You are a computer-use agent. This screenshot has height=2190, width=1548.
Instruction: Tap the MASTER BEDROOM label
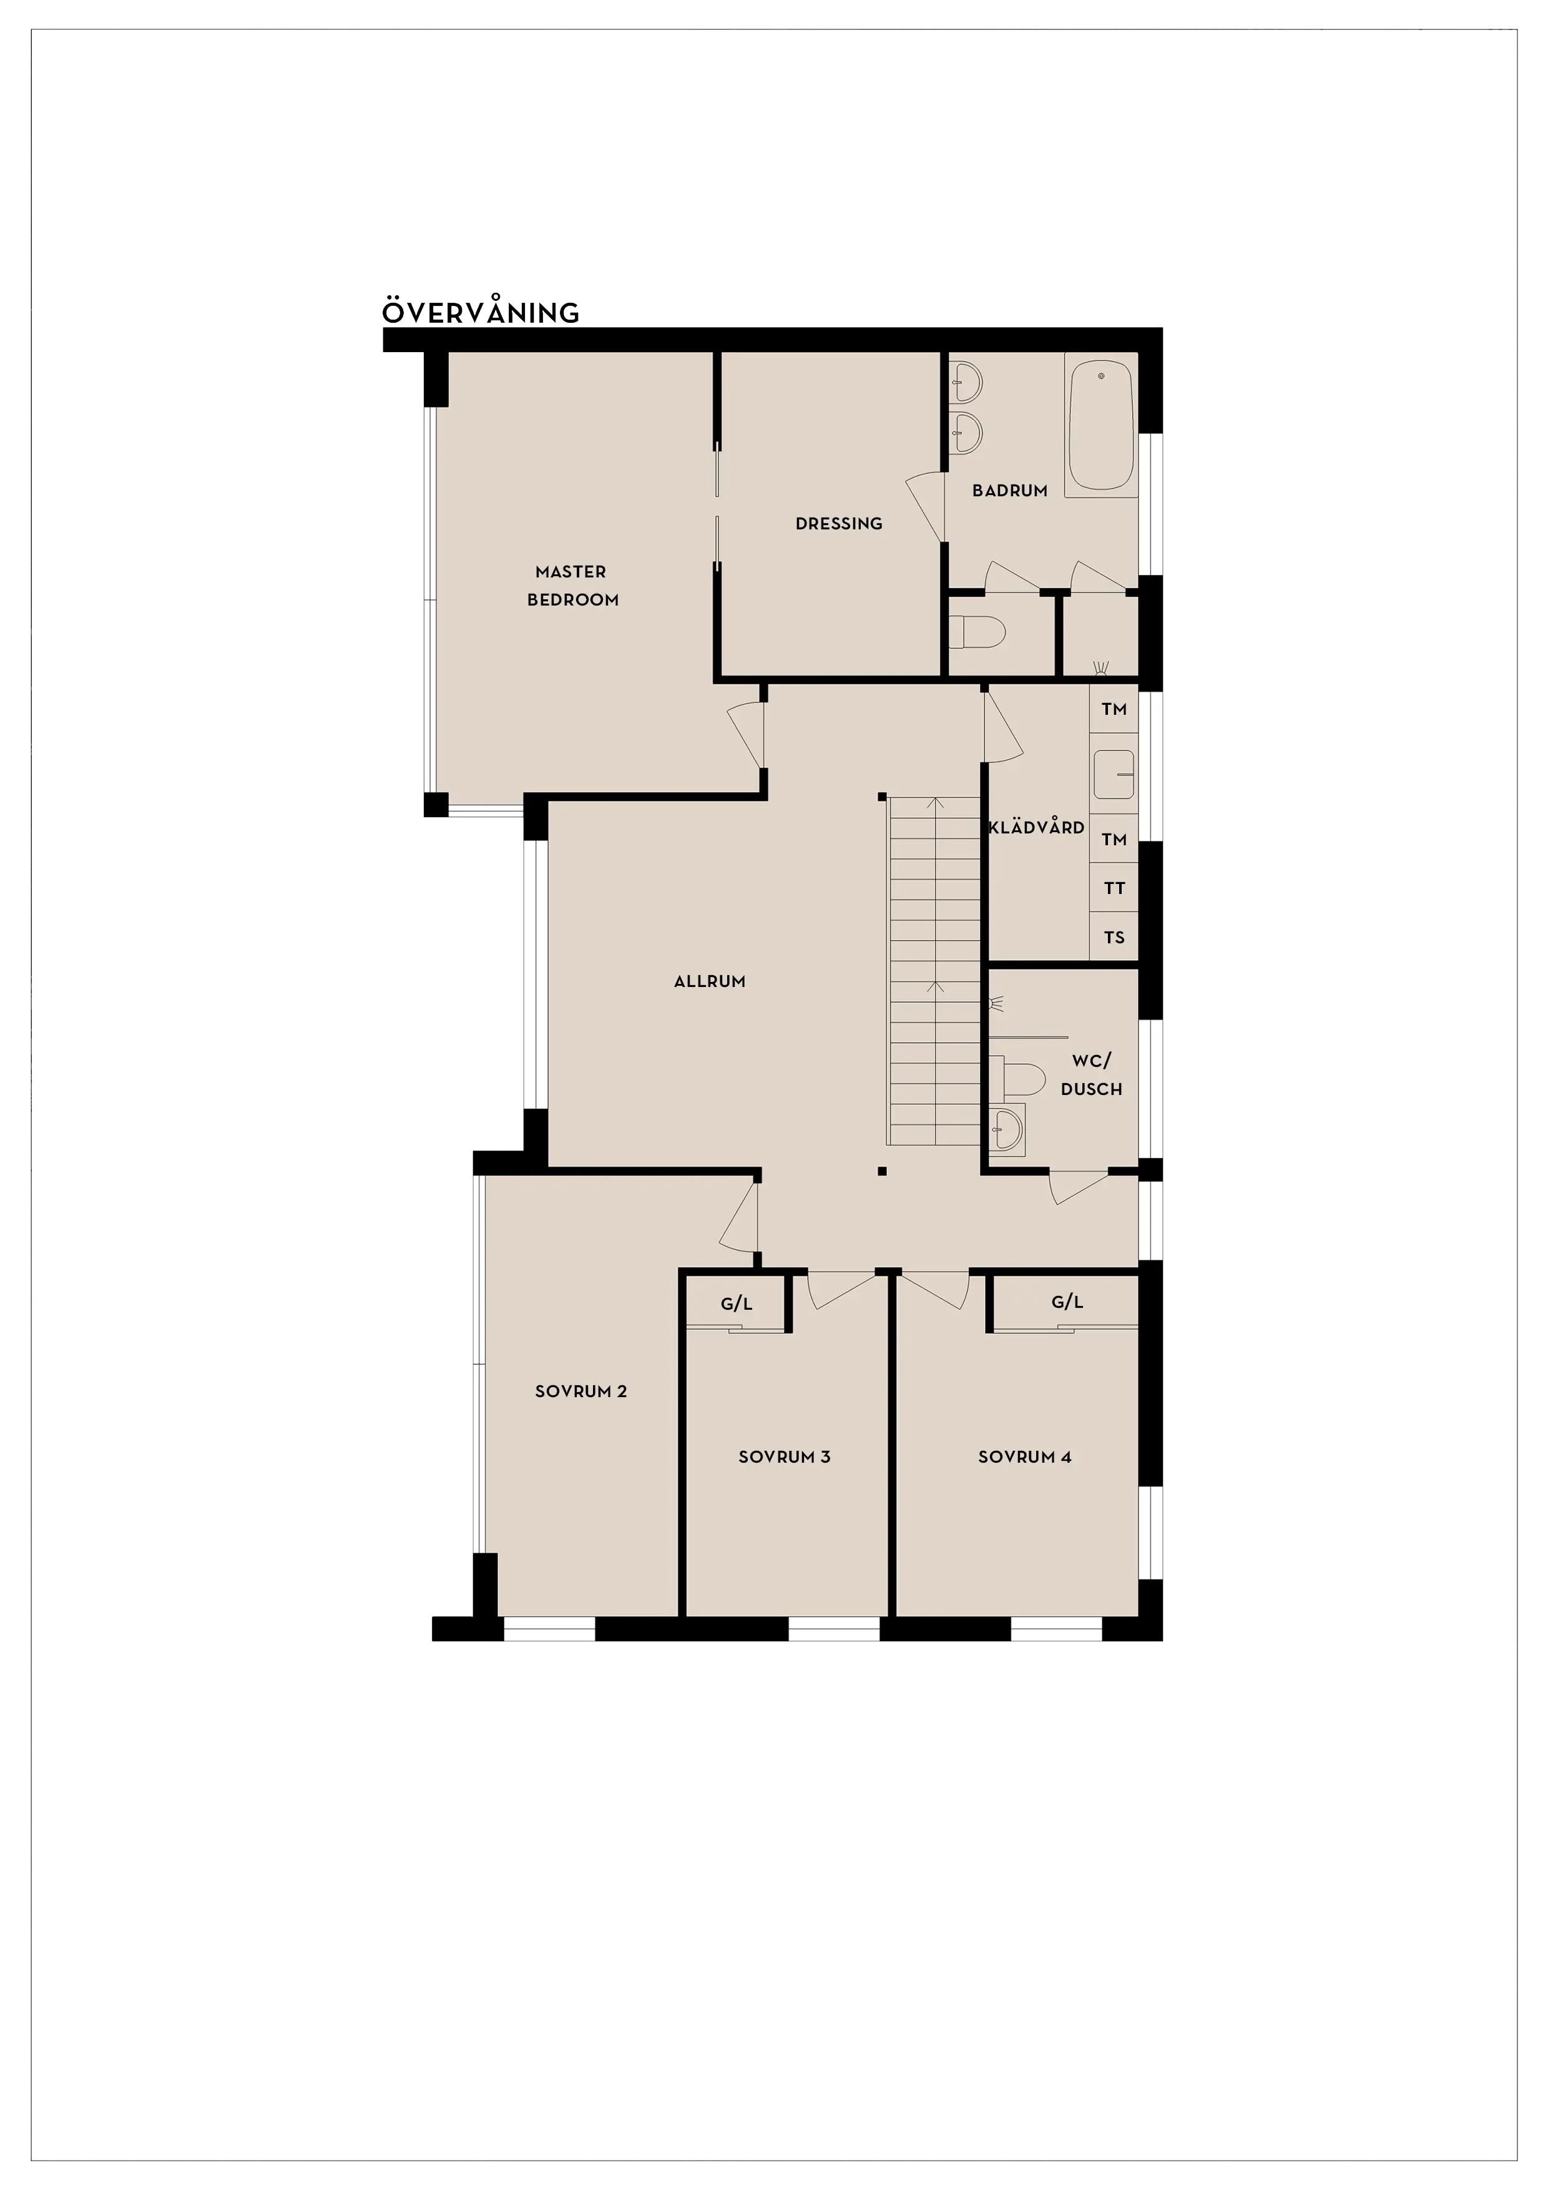(x=572, y=586)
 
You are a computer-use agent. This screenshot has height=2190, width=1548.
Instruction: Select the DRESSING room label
(x=840, y=524)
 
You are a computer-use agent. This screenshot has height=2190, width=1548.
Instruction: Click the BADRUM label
(x=1010, y=490)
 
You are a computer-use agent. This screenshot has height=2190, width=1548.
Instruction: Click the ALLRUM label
(x=710, y=981)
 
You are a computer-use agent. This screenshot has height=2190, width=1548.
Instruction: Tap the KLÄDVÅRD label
(x=1037, y=827)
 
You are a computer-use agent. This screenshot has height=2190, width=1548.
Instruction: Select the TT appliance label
(x=1114, y=888)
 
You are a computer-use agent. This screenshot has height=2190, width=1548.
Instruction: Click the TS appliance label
(x=1114, y=938)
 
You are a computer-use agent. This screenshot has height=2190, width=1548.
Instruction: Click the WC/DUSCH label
(x=1091, y=1075)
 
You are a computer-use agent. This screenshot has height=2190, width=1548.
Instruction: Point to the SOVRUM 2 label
(x=581, y=1392)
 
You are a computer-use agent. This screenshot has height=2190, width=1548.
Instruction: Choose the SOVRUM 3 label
(x=784, y=1456)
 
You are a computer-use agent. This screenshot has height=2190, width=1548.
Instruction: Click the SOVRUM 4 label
(x=1024, y=1456)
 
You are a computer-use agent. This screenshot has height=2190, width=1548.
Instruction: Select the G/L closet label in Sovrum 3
(x=737, y=1304)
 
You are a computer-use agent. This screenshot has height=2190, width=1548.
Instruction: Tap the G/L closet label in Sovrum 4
(x=1067, y=1302)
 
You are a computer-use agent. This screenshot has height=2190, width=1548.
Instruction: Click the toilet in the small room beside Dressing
(x=977, y=631)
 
